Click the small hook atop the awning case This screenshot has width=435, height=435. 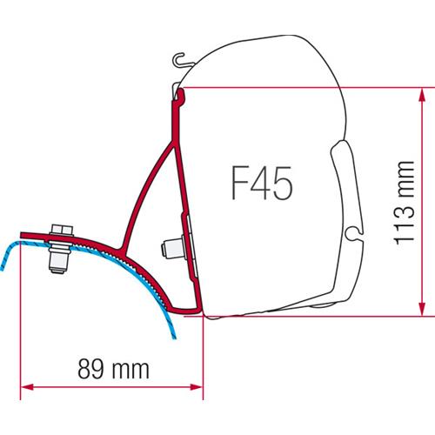(180, 61)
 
